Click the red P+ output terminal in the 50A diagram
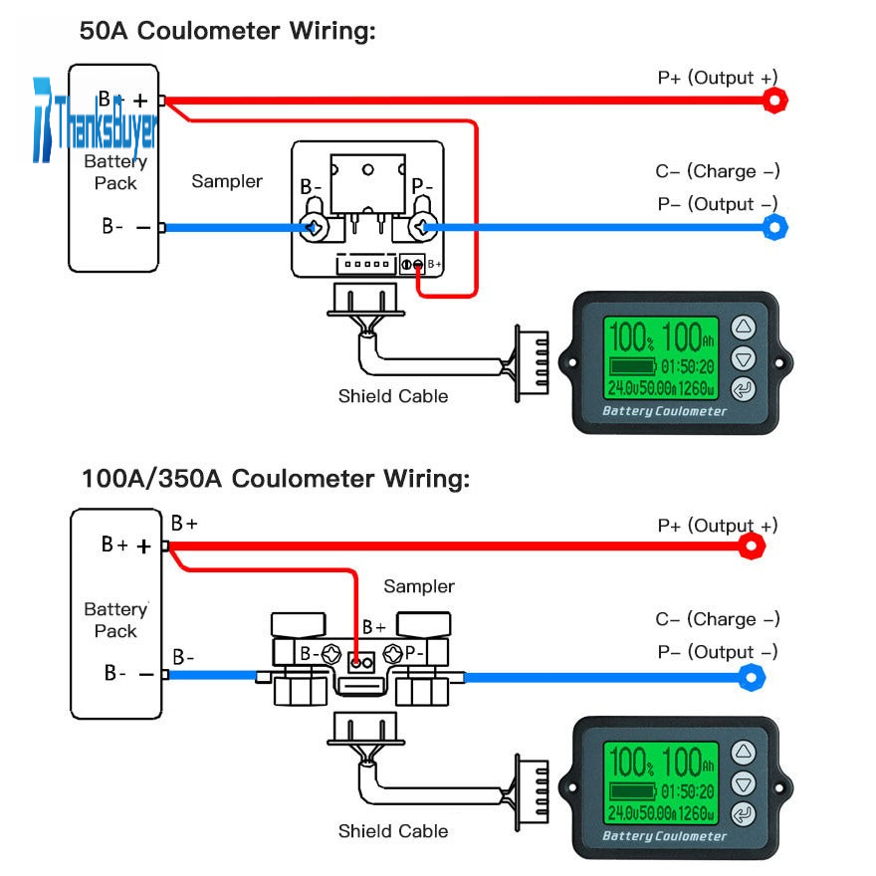click(x=775, y=100)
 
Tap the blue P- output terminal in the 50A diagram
click(x=774, y=228)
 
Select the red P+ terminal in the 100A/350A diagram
click(x=754, y=546)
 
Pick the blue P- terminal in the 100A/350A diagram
click(x=754, y=678)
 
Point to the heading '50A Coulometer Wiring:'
click(x=228, y=31)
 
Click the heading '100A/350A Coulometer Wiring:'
click(x=275, y=479)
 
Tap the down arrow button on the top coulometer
click(x=744, y=358)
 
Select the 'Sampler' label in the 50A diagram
click(x=227, y=181)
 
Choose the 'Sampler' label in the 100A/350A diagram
click(x=419, y=586)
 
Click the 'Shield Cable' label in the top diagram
click(x=393, y=396)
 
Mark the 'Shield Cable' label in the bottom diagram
click(x=393, y=831)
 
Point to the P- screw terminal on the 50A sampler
click(x=422, y=228)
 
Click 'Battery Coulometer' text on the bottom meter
click(x=664, y=836)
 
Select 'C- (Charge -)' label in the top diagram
click(x=718, y=171)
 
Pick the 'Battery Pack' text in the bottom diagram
click(x=115, y=620)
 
